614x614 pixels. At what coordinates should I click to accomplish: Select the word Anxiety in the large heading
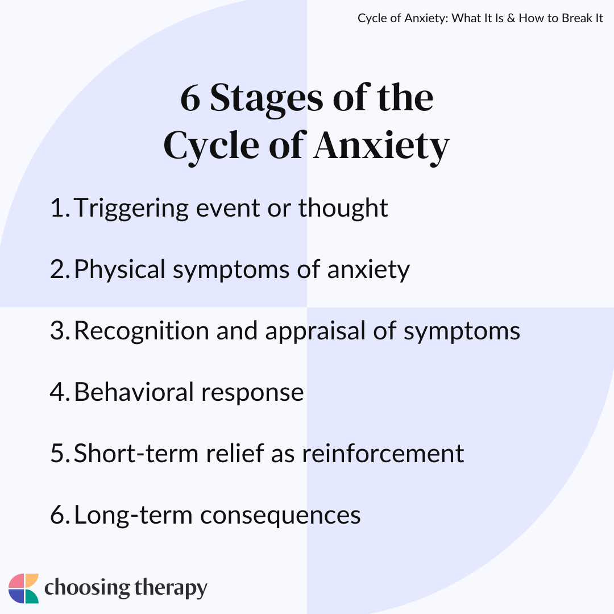tap(381, 146)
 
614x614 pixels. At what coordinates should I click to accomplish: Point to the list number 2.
tap(59, 269)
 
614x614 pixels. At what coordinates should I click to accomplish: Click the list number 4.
tap(59, 392)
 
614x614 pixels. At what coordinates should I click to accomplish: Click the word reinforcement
tap(383, 454)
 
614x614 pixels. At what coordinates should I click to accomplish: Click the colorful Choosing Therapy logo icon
tap(24, 588)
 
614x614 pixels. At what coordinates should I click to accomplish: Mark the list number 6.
tap(59, 515)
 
